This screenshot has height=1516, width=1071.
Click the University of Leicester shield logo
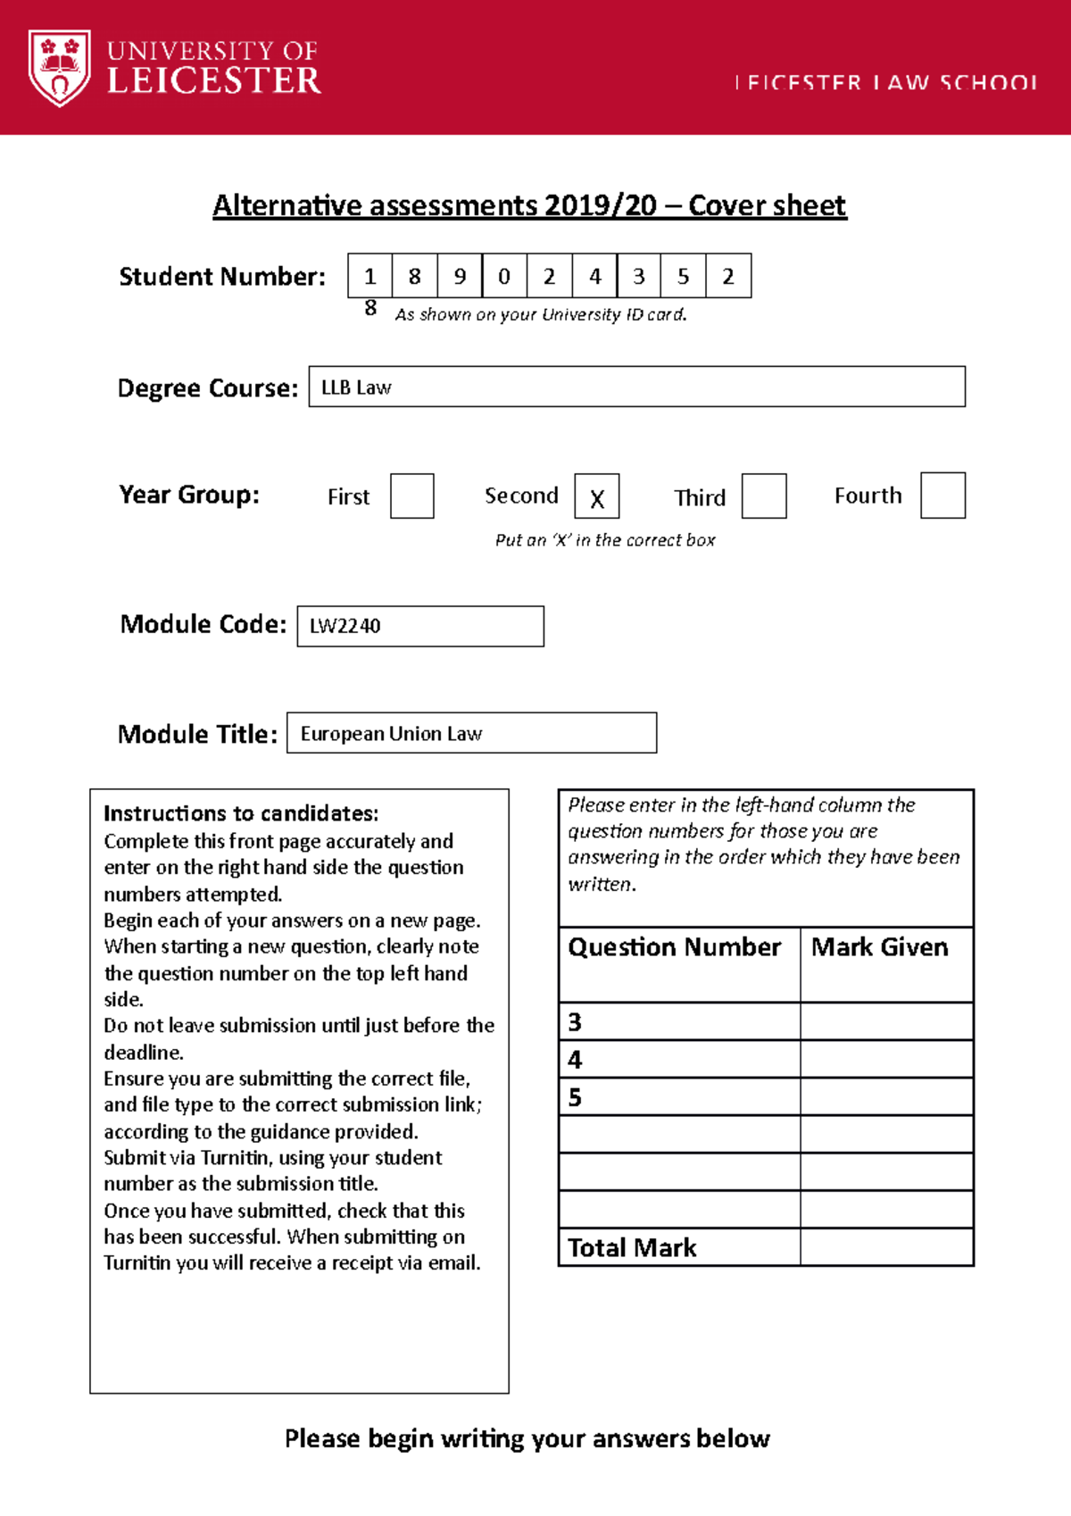tap(60, 67)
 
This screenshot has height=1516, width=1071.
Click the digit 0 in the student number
tap(504, 276)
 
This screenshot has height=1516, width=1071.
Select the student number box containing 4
tap(594, 276)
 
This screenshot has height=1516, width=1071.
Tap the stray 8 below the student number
tap(370, 308)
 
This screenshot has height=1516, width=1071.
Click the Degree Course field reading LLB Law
tap(636, 387)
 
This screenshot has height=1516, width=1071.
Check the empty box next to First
tap(412, 496)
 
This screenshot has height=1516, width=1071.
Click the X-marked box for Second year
tap(597, 497)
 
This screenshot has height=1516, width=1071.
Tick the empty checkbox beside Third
tap(764, 496)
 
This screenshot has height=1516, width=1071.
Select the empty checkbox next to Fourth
tap(942, 496)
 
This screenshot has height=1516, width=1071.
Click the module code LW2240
tap(345, 626)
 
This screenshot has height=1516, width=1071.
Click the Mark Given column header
tap(879, 947)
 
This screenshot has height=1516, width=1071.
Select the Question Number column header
tap(674, 947)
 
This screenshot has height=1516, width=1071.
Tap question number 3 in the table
tap(575, 1022)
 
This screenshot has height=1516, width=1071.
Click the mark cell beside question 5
tap(885, 1096)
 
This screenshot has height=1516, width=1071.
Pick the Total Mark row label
tap(632, 1248)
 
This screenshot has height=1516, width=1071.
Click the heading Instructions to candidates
tap(241, 813)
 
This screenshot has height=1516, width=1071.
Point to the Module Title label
tap(197, 734)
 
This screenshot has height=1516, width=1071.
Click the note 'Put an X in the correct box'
tap(605, 540)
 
